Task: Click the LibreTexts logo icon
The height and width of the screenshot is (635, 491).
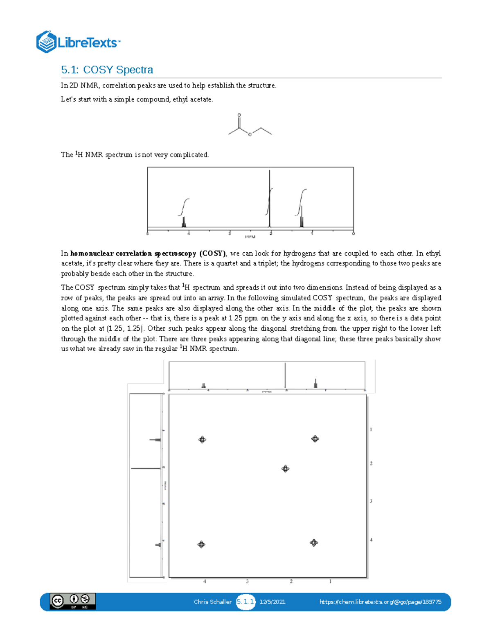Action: (46, 42)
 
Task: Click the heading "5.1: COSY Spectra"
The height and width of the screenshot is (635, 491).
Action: (107, 70)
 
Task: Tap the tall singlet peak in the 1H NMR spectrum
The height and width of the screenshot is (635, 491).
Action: (269, 198)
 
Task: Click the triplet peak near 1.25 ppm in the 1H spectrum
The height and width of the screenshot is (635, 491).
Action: (302, 217)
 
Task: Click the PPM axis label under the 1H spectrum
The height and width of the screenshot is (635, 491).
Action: (250, 237)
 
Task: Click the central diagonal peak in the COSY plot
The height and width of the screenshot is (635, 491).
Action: (285, 469)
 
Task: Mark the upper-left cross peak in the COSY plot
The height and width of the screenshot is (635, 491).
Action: (202, 440)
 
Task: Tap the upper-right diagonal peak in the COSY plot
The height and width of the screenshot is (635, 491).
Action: (315, 439)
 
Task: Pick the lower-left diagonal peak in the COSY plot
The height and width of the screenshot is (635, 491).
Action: (201, 544)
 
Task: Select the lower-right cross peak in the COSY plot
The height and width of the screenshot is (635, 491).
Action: (313, 543)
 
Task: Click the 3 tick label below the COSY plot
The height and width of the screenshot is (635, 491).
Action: (247, 581)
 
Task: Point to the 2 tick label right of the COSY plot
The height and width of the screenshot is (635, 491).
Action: (371, 463)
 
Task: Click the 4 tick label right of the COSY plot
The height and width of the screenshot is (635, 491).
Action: (371, 540)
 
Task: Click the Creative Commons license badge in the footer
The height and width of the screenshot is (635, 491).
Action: (72, 601)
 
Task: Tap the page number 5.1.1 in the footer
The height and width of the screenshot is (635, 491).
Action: (245, 601)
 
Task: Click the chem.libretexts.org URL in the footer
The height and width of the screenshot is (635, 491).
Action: (380, 601)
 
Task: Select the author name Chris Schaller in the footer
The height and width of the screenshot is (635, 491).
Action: (212, 601)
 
